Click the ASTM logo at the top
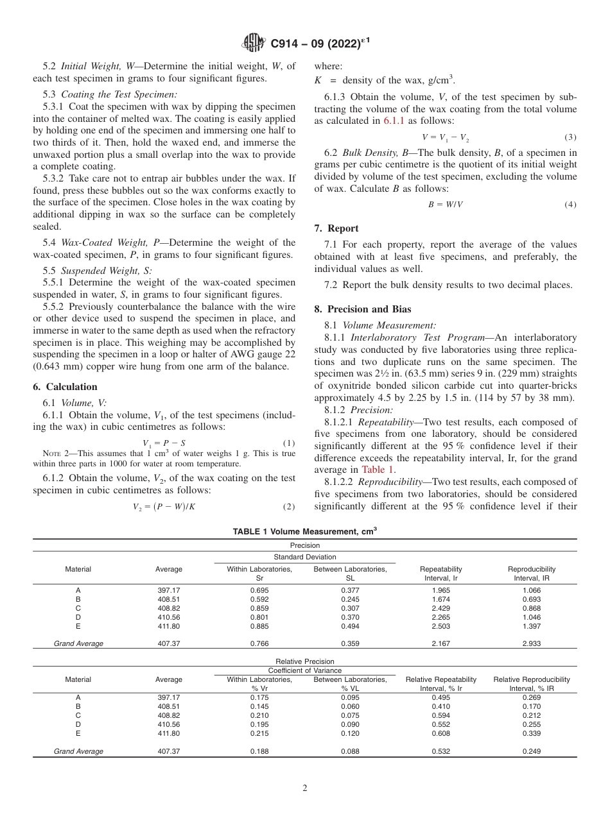click(x=254, y=44)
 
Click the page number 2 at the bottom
click(x=305, y=788)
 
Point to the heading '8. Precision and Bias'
click(x=363, y=309)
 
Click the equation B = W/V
click(x=440, y=205)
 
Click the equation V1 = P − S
click(x=164, y=443)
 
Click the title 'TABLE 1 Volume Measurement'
click(x=304, y=531)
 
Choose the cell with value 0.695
click(x=259, y=590)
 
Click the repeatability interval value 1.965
click(x=440, y=590)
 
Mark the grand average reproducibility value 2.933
click(x=531, y=643)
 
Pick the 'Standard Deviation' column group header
click(x=304, y=557)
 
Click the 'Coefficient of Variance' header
click(x=304, y=671)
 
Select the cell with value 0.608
click(x=440, y=733)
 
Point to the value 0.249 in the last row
click(x=531, y=751)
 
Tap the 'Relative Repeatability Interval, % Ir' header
click(x=440, y=684)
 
